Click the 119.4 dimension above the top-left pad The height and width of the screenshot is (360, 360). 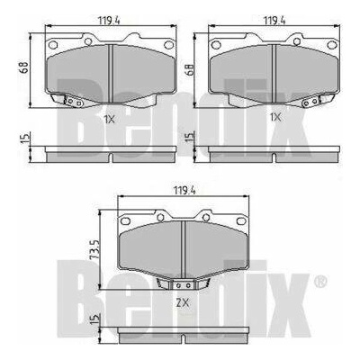pyautogui.click(x=109, y=21)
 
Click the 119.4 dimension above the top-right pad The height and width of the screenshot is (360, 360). pyautogui.click(x=274, y=21)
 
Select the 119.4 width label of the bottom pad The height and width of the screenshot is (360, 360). pyautogui.click(x=184, y=190)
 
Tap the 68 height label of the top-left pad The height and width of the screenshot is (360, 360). pyautogui.click(x=24, y=67)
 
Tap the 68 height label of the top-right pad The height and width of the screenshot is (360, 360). pyautogui.click(x=189, y=68)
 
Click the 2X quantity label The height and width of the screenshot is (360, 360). pyautogui.click(x=183, y=303)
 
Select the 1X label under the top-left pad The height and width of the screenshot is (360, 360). pyautogui.click(x=109, y=120)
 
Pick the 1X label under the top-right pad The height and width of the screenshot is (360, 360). pyautogui.click(x=275, y=117)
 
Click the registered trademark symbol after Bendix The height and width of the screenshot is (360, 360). pyautogui.click(x=319, y=282)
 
